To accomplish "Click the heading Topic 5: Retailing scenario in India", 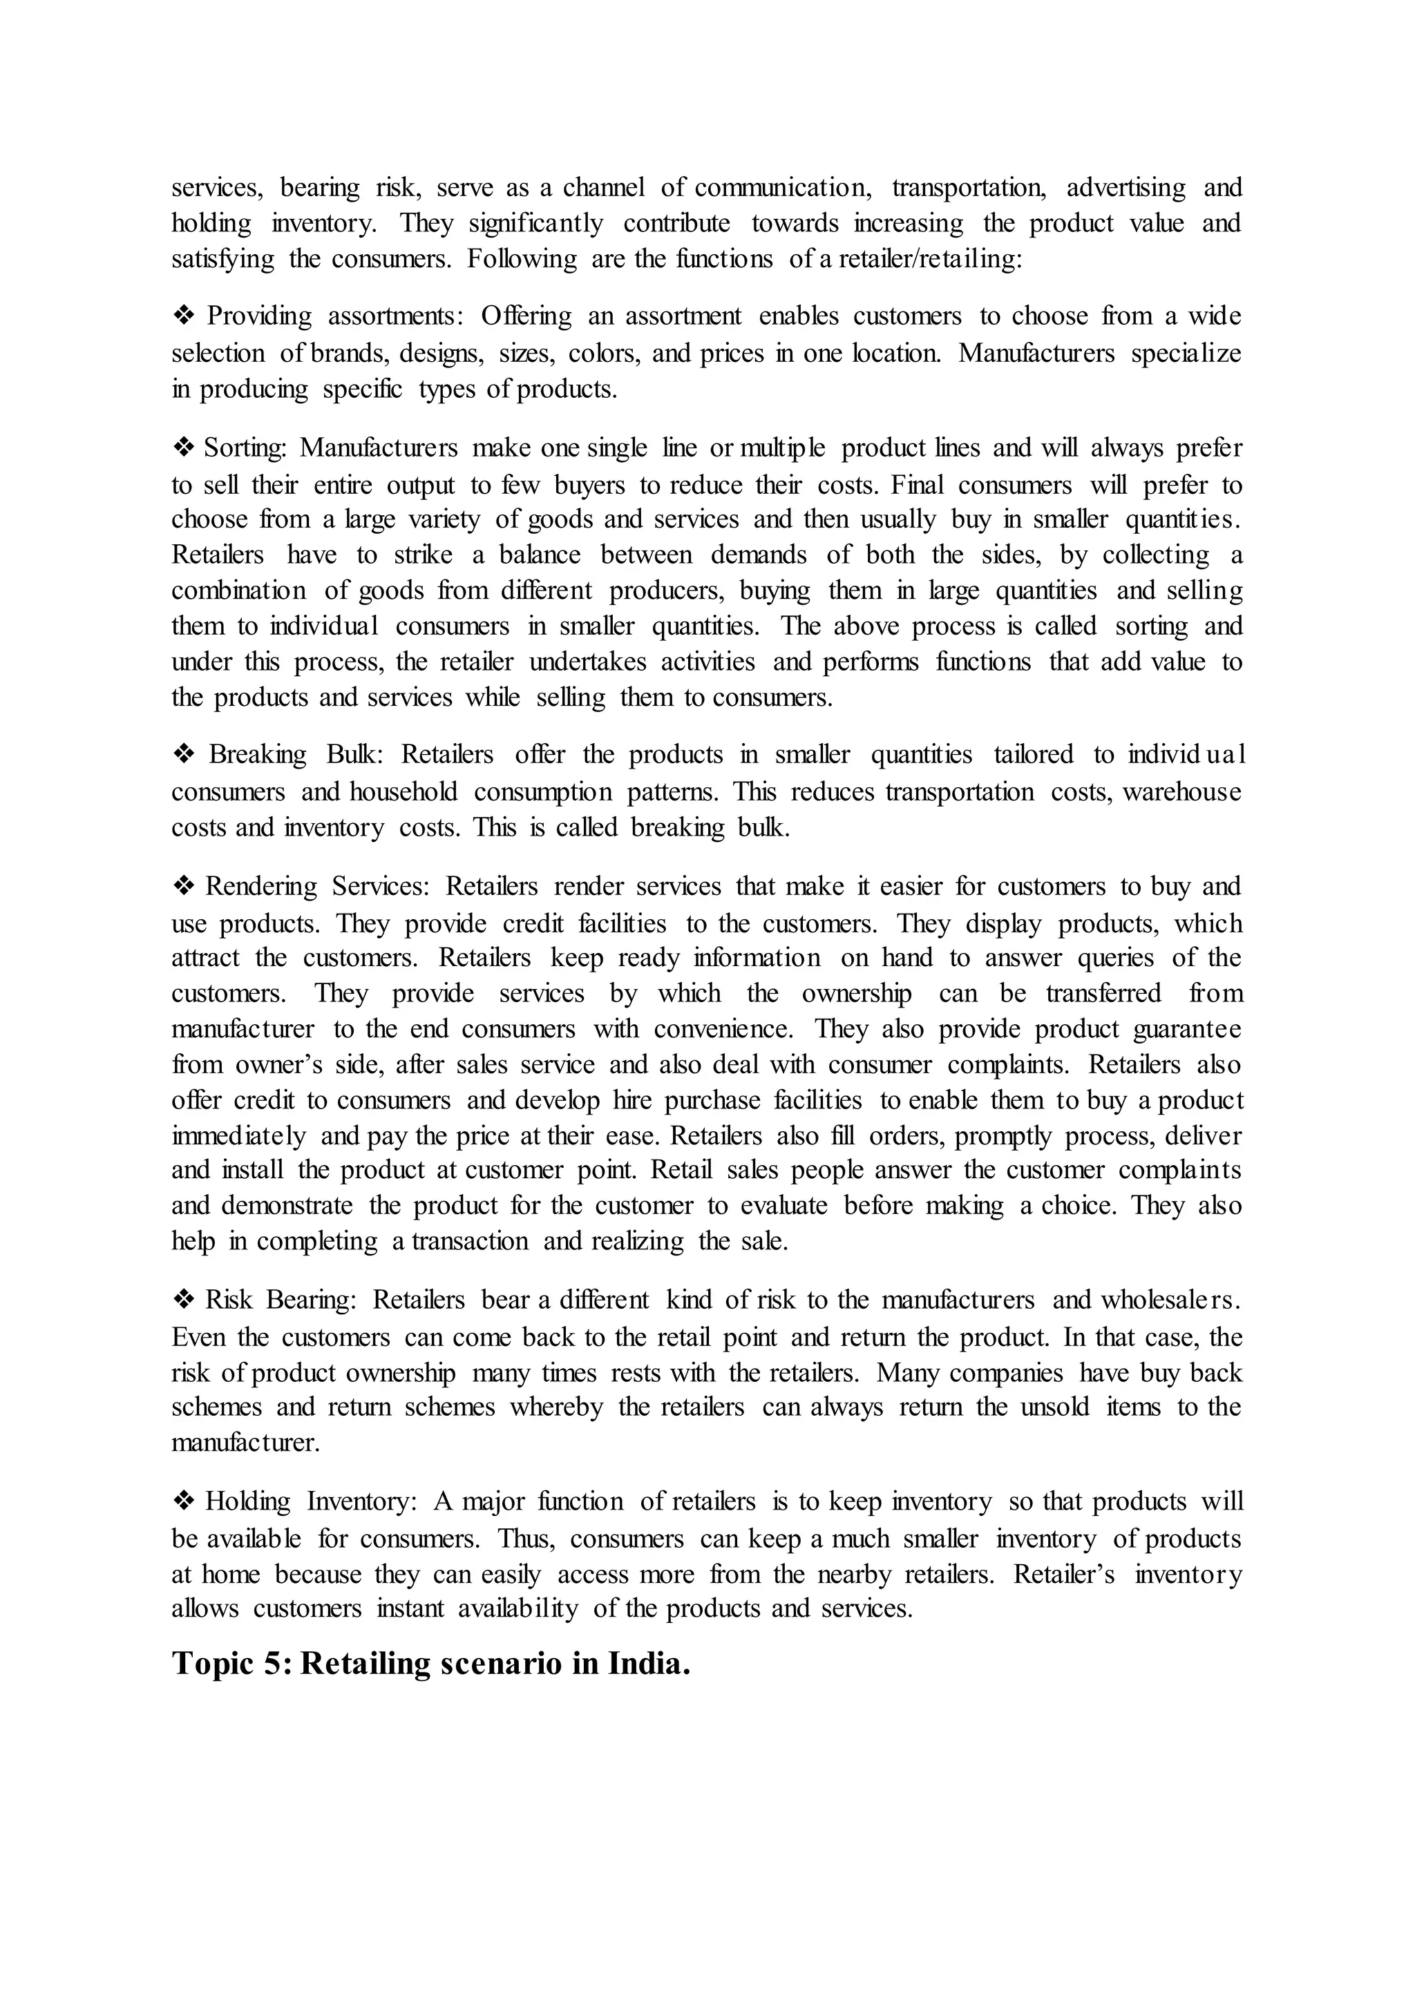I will coord(431,1664).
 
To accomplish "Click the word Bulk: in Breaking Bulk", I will coord(354,754).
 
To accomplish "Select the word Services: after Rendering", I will coord(381,887).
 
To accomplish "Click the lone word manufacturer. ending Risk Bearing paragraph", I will coord(246,1443).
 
